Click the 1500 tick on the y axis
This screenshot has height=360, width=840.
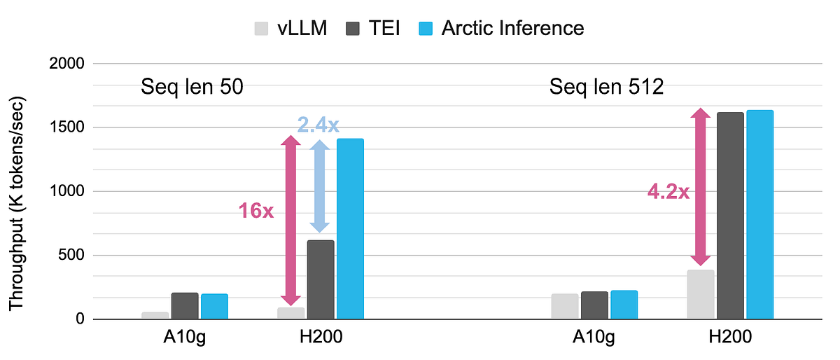tap(68, 127)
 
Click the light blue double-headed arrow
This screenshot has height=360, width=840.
tap(320, 186)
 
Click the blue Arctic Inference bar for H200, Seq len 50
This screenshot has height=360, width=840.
tap(350, 229)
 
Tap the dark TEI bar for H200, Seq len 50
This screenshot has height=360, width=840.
tap(321, 279)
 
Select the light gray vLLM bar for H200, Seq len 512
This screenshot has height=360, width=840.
tap(701, 294)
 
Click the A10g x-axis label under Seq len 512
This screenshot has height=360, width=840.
tap(594, 338)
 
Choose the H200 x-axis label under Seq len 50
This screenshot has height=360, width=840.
tap(320, 338)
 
